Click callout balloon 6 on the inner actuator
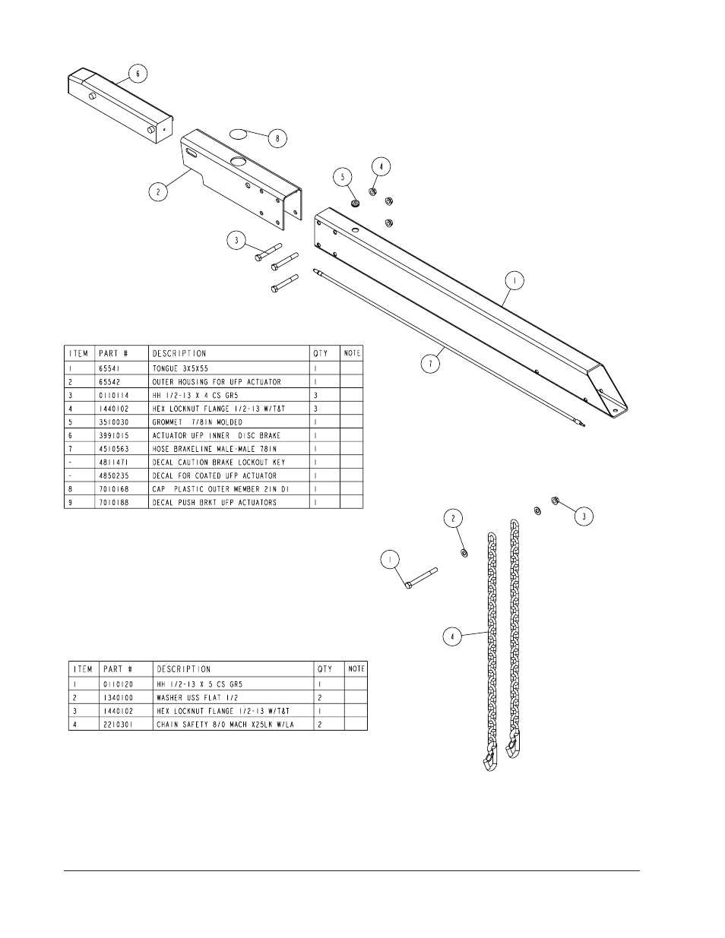click(x=138, y=74)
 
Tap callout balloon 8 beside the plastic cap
click(x=277, y=138)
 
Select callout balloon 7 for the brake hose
click(x=431, y=364)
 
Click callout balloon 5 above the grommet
click(x=344, y=176)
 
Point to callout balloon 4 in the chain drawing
click(x=452, y=636)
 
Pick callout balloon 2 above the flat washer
click(x=454, y=518)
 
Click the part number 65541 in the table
click(x=110, y=368)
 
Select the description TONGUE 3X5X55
click(x=181, y=368)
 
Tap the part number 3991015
click(x=116, y=435)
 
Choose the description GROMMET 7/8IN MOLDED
click(x=198, y=422)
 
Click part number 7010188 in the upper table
click(x=116, y=502)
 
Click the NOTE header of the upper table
click(x=352, y=353)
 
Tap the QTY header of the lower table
click(x=325, y=669)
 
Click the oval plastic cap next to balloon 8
click(x=239, y=134)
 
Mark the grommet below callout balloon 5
click(x=353, y=203)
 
